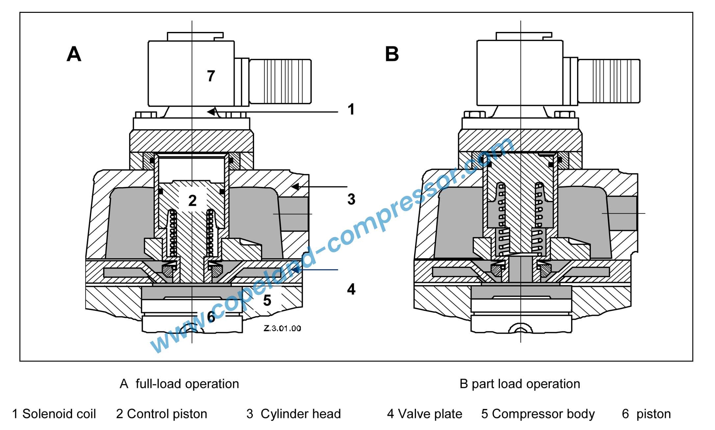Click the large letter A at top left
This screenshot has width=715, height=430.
pos(74,54)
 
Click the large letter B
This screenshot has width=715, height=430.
pos(392,54)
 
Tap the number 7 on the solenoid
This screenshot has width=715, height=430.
pos(211,76)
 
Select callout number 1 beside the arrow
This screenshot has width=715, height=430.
pos(351,110)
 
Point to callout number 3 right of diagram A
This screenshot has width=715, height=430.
pos(351,199)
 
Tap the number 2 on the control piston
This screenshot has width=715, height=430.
pos(193,201)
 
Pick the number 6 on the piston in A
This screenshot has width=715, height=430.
pos(211,317)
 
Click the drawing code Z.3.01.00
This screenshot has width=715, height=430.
pos(282,328)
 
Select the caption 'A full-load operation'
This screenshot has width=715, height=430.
pos(179,384)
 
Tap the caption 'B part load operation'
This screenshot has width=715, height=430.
pos(519,384)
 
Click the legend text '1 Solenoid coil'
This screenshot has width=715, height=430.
pos(54,414)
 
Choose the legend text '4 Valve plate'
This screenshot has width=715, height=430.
pos(424,414)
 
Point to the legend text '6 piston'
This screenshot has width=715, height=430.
pos(646,414)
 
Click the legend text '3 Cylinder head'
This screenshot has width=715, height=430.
pos(293,414)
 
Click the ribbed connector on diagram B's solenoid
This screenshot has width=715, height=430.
pos(609,81)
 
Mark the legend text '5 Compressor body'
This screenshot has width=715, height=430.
pos(538,414)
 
